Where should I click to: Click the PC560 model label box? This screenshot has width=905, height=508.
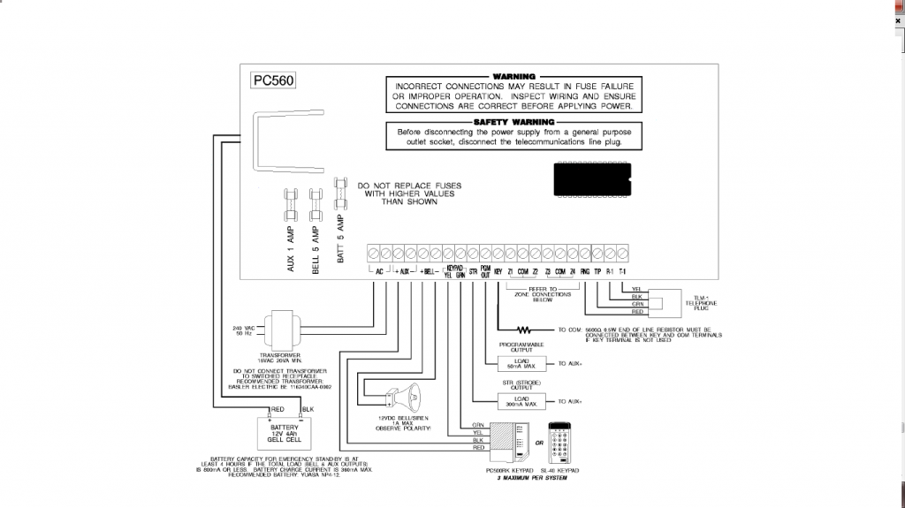[274, 80]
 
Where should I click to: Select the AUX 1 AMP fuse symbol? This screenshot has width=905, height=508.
[290, 209]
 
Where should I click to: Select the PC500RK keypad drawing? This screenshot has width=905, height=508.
[503, 444]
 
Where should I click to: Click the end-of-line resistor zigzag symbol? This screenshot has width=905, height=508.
[536, 330]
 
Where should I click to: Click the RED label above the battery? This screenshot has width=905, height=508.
[276, 410]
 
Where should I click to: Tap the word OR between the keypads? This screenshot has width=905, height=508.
[537, 443]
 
